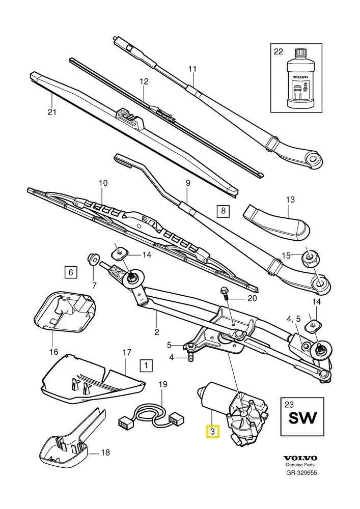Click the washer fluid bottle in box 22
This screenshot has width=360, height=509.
pos(297,81)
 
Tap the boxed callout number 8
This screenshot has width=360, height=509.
pos(223,210)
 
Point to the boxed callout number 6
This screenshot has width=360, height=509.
pos(71,272)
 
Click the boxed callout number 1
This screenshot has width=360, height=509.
pos(146,365)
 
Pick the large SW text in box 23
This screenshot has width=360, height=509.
pos(303,418)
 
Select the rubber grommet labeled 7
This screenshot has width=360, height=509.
pos(94,259)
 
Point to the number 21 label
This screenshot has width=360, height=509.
pos(50,112)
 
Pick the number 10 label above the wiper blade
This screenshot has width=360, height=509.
pos(102,182)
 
